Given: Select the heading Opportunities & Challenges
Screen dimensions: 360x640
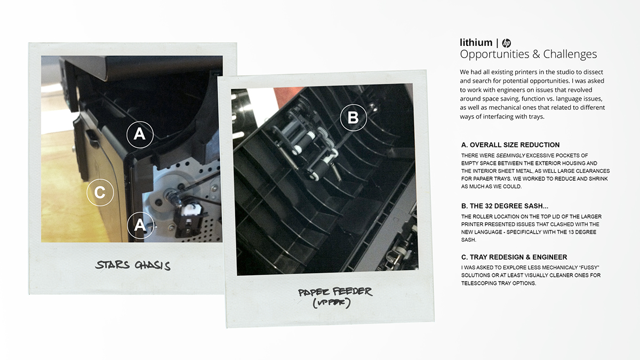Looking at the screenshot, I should tap(528, 54).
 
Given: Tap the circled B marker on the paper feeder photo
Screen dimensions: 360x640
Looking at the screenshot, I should tap(353, 117).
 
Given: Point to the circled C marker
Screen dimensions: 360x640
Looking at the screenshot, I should tap(100, 193).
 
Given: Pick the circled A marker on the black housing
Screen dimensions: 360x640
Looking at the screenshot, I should tap(139, 134).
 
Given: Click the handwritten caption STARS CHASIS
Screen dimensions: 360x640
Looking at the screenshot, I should tap(133, 265).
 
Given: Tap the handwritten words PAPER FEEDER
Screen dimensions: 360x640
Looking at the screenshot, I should tap(335, 292).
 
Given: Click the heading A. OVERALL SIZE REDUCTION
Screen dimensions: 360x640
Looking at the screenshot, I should tap(510, 145).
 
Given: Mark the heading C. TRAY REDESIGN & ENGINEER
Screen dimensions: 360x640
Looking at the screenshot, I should tap(514, 257).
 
